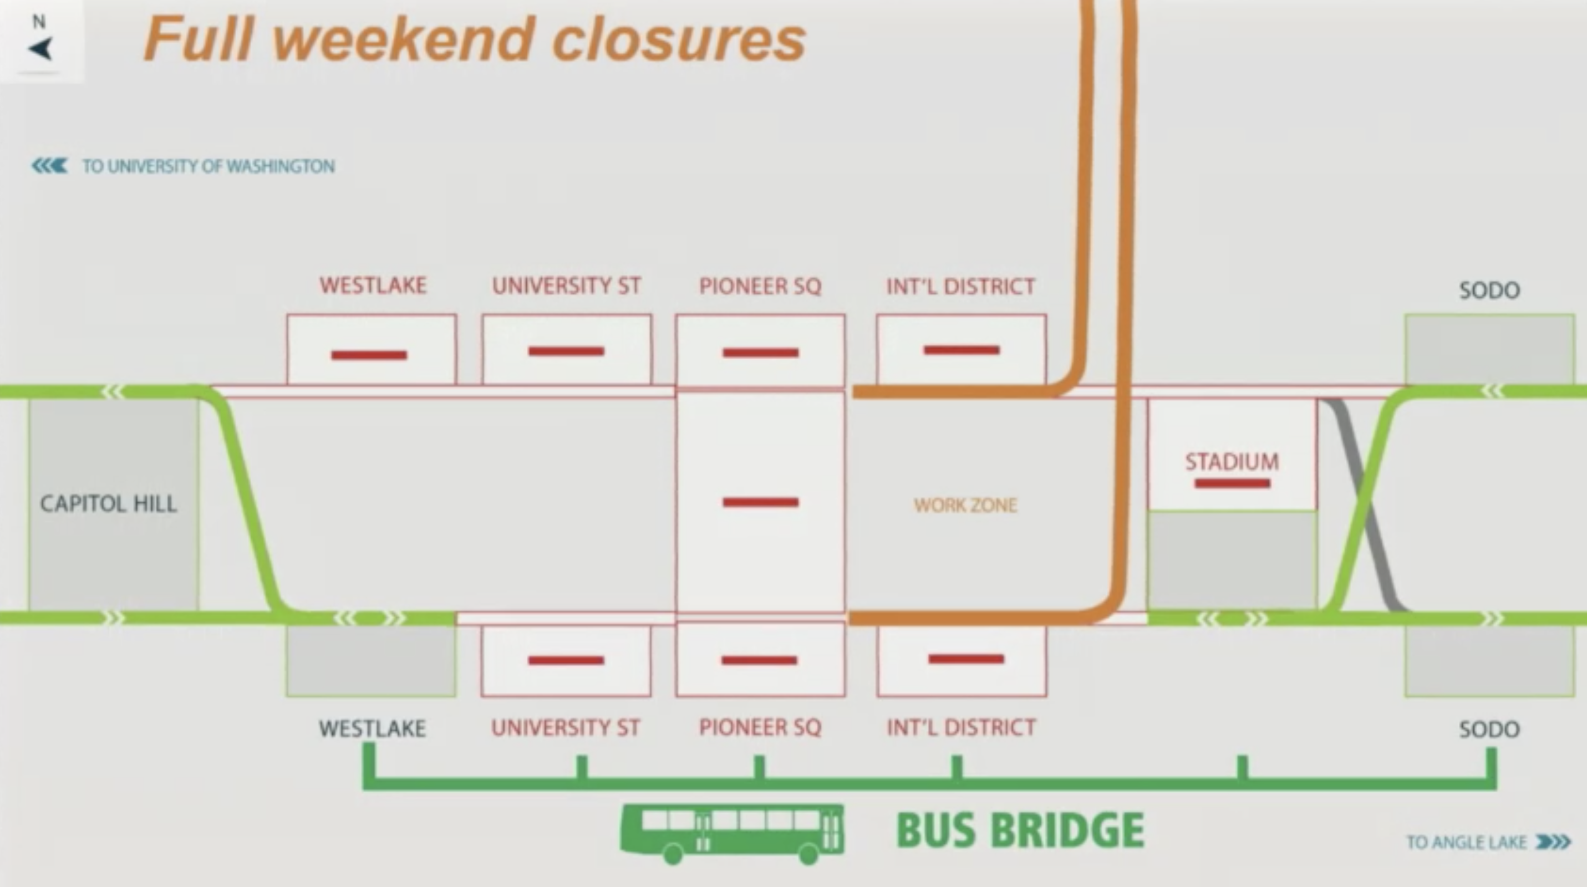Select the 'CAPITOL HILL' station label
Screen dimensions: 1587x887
[x=109, y=504]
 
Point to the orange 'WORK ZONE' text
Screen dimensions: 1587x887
[x=965, y=506]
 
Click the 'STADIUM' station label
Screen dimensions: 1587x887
[x=1232, y=461]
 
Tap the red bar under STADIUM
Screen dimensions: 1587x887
[x=1232, y=483]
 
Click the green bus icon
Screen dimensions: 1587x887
[x=732, y=834]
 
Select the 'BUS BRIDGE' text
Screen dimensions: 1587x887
[x=1020, y=831]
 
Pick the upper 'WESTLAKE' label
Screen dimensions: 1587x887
[x=373, y=286]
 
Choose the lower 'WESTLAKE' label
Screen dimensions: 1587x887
[x=372, y=728]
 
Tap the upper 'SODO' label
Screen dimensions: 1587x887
[x=1489, y=290]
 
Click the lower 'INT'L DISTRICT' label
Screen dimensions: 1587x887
[x=961, y=727]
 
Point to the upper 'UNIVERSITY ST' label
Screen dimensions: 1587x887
[x=566, y=286]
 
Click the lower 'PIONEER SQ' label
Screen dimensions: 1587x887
[x=760, y=727]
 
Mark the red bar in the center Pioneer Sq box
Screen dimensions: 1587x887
[x=761, y=503]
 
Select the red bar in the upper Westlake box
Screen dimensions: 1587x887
[x=369, y=355]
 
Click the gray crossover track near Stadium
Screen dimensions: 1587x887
[x=1365, y=505]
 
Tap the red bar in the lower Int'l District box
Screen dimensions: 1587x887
[x=966, y=659]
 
